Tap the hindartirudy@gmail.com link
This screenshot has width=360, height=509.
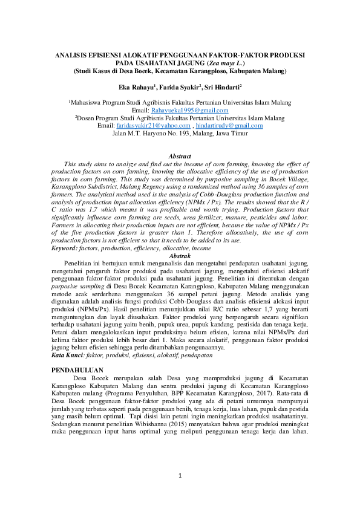(x=224, y=125)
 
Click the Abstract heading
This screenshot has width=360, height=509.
(x=179, y=157)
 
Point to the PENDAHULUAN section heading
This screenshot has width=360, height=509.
(x=78, y=368)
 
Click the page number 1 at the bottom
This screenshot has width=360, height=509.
(x=180, y=477)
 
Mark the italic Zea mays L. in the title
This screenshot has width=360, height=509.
(x=226, y=62)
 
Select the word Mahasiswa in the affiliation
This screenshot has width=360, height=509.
(x=91, y=103)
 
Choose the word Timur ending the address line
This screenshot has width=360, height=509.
(x=237, y=132)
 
